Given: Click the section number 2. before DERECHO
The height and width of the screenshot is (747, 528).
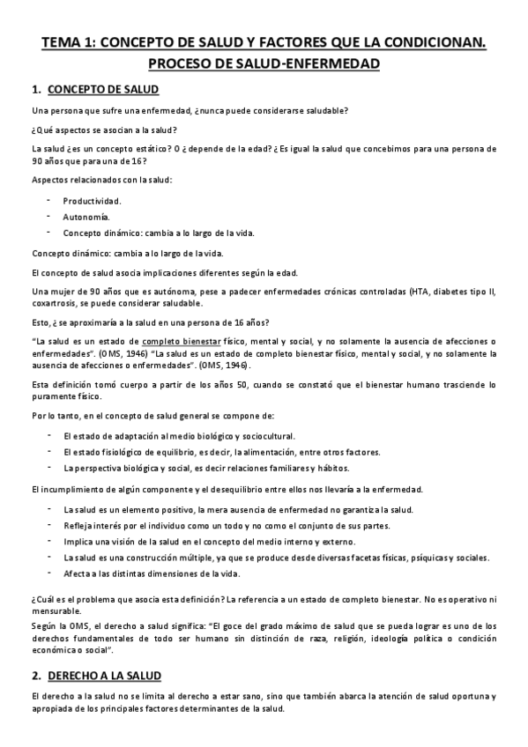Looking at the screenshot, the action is tap(36, 676).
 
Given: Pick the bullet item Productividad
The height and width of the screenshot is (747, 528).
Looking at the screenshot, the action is tap(92, 201).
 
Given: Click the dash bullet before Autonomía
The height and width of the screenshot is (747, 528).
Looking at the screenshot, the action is tap(49, 217).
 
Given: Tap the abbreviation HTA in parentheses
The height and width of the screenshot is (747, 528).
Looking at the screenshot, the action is tap(422, 291).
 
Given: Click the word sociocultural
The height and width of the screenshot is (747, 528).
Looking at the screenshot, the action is tap(264, 436).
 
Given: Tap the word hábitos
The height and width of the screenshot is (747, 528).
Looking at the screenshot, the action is tap(333, 468).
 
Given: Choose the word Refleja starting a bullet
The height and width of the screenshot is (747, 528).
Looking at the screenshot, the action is tap(78, 526).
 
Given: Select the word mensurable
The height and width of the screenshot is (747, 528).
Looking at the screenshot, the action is tap(56, 610).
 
